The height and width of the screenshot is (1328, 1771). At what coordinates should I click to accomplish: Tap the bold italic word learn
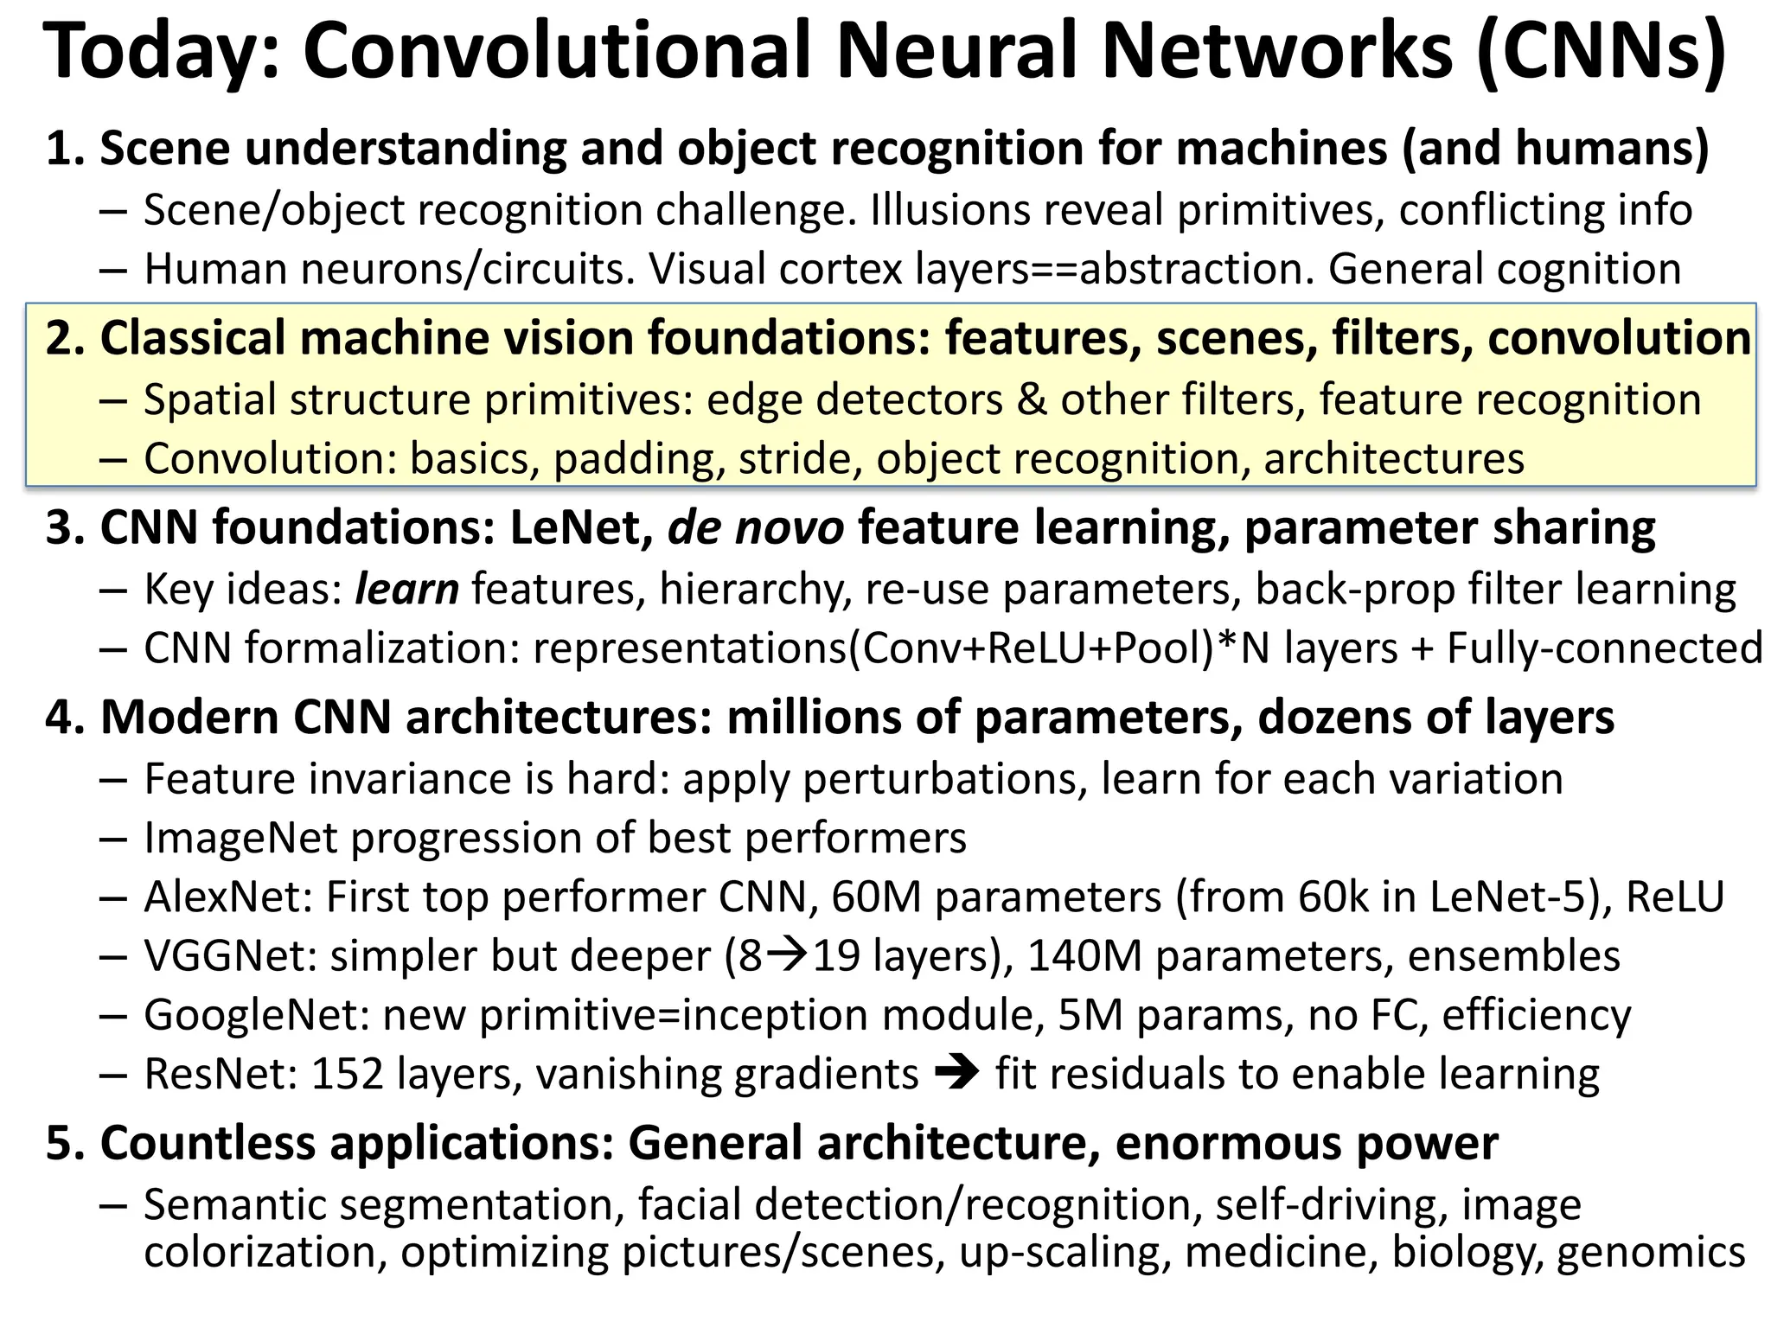coord(406,590)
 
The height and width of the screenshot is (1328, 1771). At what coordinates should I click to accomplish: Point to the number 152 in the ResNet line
coord(347,1074)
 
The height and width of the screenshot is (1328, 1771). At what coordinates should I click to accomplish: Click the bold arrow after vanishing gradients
coord(956,1074)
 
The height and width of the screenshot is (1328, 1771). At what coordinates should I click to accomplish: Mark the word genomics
coord(1651,1251)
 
